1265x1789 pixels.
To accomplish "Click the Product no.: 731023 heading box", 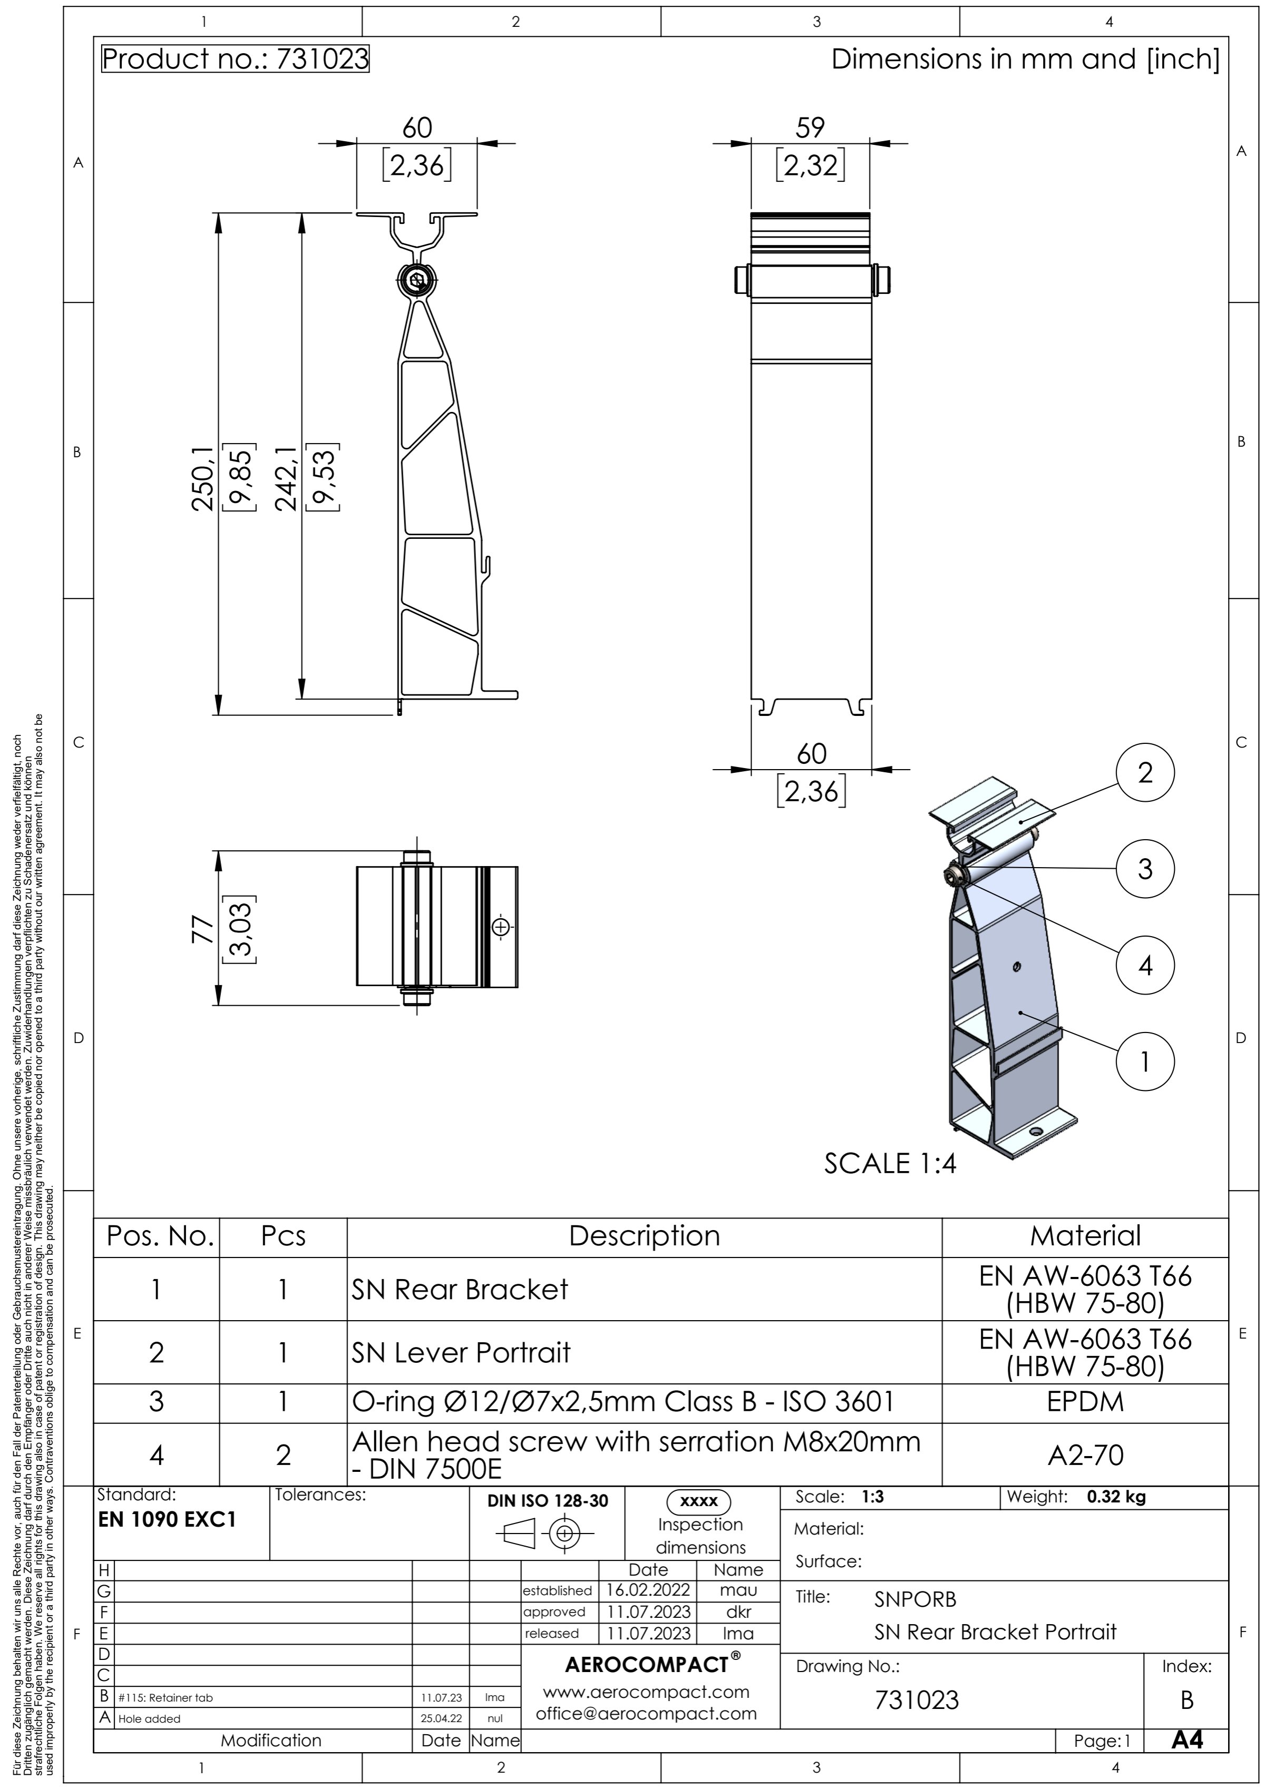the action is (x=236, y=58).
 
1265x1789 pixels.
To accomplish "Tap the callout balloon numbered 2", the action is (x=1144, y=773).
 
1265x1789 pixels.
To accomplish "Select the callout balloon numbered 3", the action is (x=1144, y=868).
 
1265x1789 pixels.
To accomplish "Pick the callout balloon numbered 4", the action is (x=1144, y=966).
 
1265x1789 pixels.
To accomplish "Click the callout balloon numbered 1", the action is (x=1144, y=1061).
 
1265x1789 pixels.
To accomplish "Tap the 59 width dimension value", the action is (x=811, y=127).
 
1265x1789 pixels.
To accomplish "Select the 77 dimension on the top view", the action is (x=202, y=930).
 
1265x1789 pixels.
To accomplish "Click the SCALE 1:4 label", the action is (x=890, y=1163).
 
